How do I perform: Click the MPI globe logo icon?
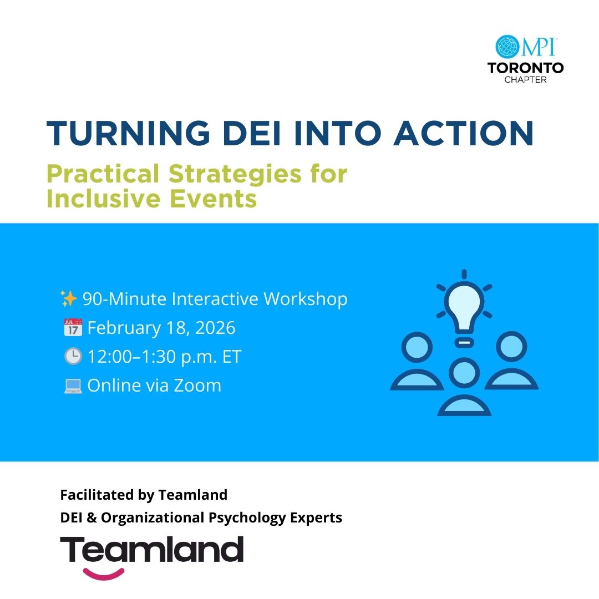point(506,47)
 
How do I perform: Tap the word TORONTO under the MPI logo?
point(526,68)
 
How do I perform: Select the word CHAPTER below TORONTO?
point(526,80)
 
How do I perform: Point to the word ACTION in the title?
point(463,133)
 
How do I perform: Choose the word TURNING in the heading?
point(128,133)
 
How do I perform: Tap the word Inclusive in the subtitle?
point(103,199)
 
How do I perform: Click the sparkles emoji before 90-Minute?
point(69,298)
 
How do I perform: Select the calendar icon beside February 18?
point(73,327)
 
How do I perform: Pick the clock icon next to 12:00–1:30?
point(73,357)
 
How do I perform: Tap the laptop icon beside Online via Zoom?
point(73,386)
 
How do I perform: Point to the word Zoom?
point(197,385)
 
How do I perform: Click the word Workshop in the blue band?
point(306,299)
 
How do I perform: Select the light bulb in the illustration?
point(464,309)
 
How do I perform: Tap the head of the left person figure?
point(417,347)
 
